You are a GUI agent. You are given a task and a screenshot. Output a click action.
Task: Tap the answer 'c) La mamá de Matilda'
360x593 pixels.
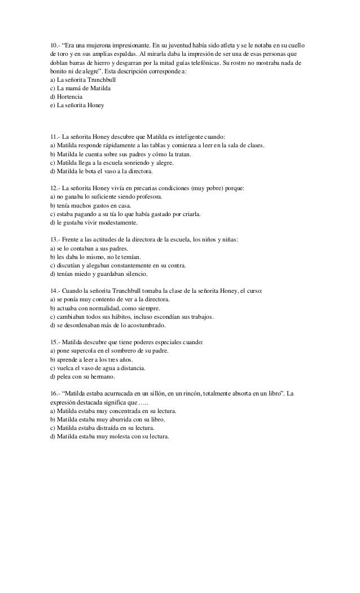click(80, 89)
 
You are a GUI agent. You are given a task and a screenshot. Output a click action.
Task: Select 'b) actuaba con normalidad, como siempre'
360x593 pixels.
click(105, 309)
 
